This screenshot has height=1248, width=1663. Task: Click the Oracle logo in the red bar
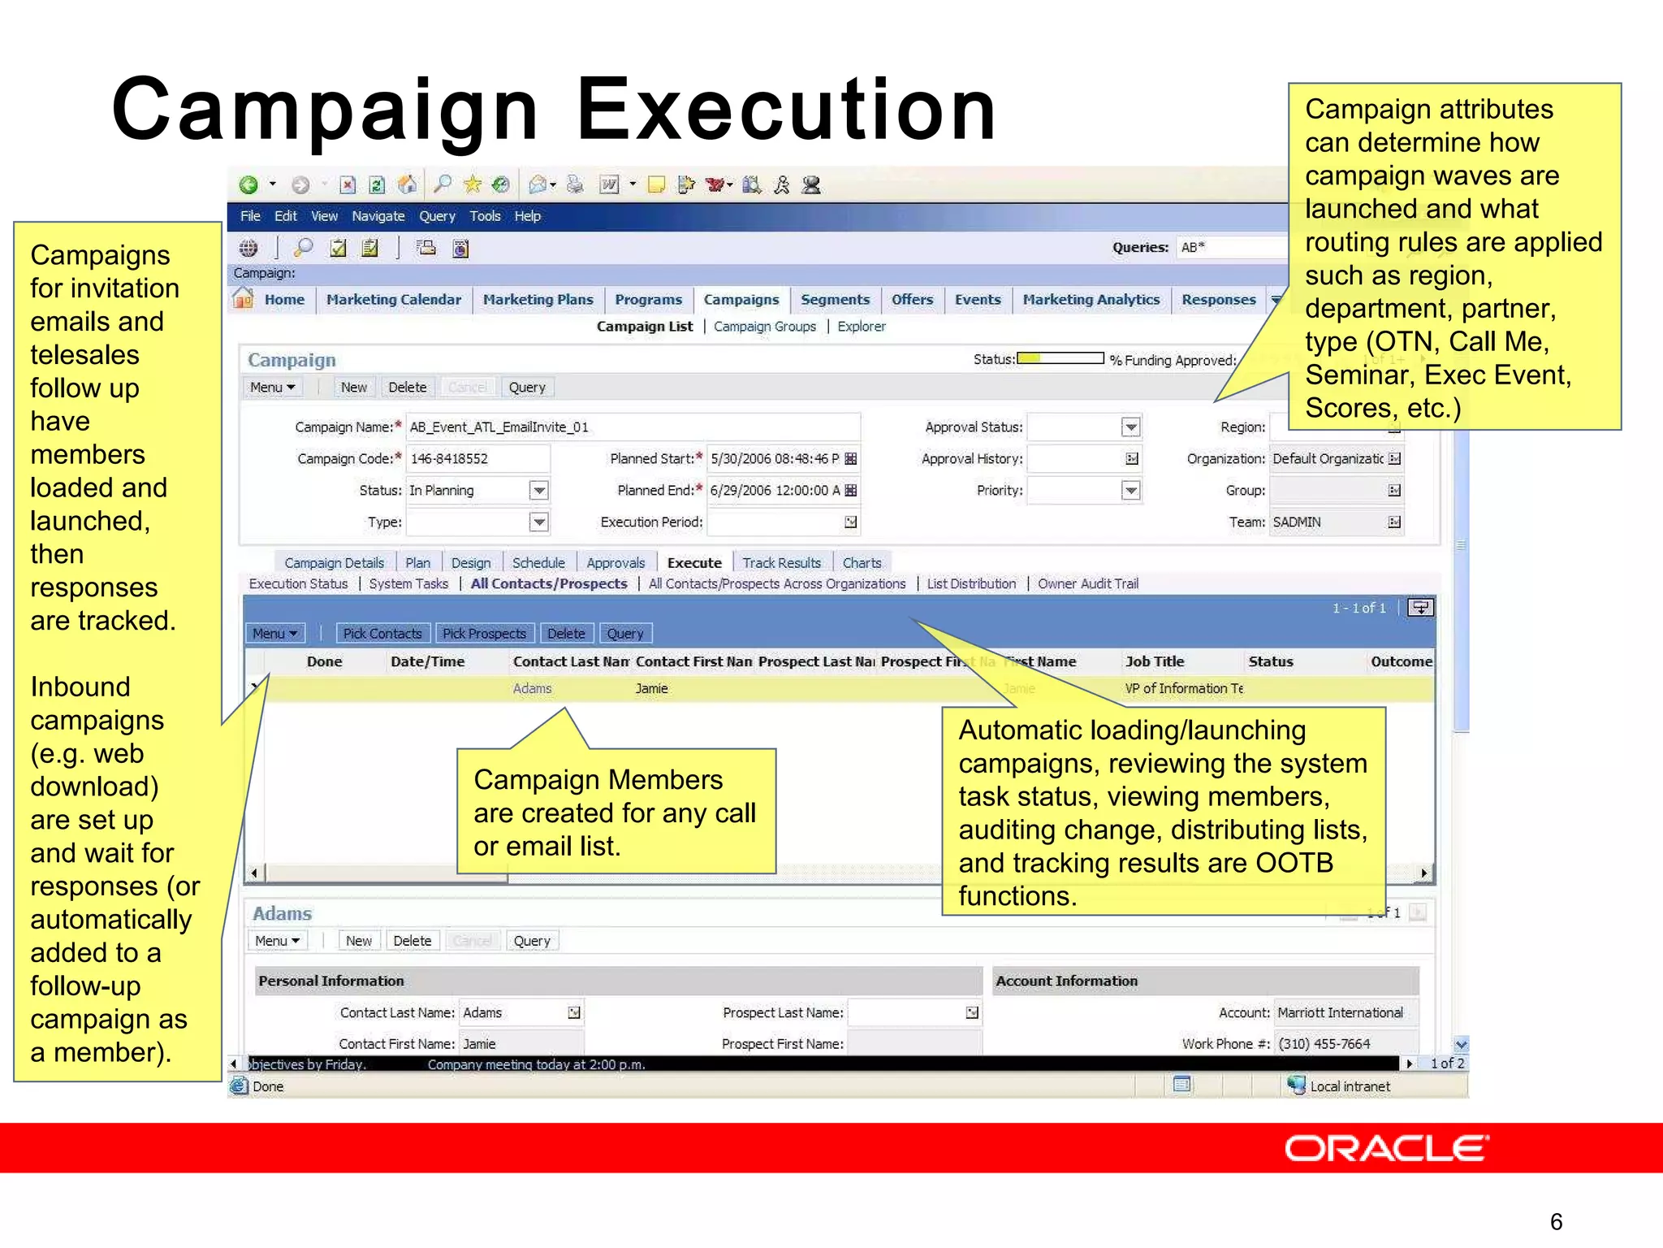click(x=1386, y=1148)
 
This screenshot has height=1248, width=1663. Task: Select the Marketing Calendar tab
click(x=393, y=300)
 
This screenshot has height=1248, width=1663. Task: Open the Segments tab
click(x=835, y=300)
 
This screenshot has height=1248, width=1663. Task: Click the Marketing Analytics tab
click(x=1091, y=300)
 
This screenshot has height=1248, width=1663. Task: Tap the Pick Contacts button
click(x=382, y=634)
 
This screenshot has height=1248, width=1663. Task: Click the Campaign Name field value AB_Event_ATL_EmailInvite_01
click(x=499, y=427)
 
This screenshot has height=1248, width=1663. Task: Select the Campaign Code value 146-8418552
click(x=449, y=459)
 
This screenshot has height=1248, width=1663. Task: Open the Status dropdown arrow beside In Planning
click(x=538, y=491)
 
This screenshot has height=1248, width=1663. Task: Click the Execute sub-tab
click(x=694, y=563)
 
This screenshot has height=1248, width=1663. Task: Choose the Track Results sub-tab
click(x=781, y=563)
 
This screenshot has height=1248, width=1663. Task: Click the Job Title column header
click(x=1155, y=662)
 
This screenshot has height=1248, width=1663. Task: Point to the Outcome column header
click(x=1401, y=662)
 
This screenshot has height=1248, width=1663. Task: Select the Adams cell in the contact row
click(x=532, y=689)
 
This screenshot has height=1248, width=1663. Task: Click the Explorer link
click(x=862, y=327)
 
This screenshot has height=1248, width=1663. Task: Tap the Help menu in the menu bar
click(x=527, y=216)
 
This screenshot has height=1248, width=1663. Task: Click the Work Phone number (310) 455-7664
click(x=1324, y=1044)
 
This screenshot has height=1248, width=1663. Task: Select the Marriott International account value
click(x=1340, y=1013)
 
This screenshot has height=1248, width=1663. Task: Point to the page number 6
click(x=1556, y=1221)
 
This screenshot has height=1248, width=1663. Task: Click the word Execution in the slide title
click(x=785, y=110)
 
